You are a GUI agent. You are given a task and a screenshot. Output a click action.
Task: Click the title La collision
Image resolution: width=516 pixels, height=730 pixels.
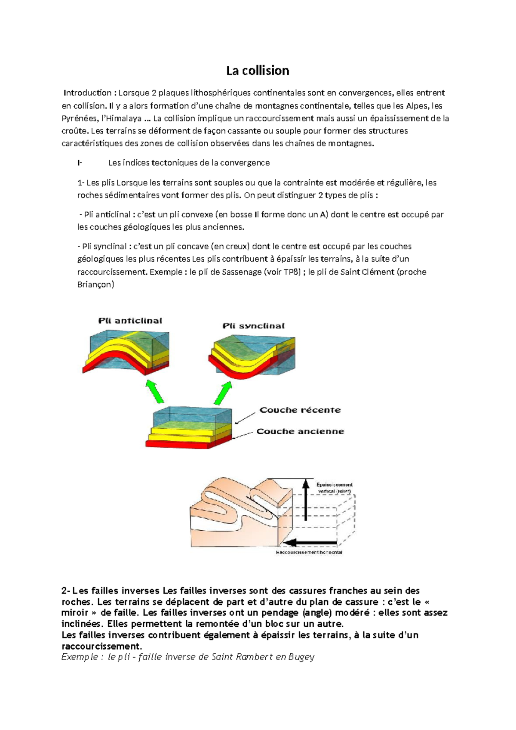[x=258, y=71]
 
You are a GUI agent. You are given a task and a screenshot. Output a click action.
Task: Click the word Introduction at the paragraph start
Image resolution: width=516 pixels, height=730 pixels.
[x=88, y=93]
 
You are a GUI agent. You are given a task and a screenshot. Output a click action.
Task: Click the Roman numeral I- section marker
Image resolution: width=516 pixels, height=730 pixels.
[x=80, y=163]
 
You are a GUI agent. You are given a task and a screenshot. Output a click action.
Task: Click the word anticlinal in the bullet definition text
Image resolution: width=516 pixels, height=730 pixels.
[x=113, y=214]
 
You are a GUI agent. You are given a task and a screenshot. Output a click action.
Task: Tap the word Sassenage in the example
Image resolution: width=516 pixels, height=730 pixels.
[x=242, y=272]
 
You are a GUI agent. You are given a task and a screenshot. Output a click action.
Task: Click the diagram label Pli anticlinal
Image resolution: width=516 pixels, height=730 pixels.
[x=130, y=321]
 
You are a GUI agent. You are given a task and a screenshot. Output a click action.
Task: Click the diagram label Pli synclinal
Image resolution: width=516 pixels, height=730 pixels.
[x=253, y=326]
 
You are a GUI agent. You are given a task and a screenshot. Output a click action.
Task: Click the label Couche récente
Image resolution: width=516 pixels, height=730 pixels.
[x=300, y=410]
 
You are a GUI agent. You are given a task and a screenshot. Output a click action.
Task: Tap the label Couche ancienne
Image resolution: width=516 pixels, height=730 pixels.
[x=300, y=431]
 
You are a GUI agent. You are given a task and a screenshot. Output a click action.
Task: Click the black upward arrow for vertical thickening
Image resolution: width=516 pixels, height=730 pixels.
[x=306, y=499]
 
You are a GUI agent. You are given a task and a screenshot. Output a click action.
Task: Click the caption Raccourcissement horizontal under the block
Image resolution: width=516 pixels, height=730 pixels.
[x=309, y=552]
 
